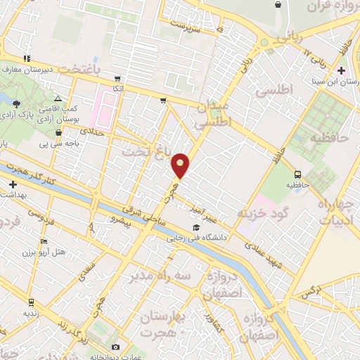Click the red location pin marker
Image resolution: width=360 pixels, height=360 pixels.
[181, 165]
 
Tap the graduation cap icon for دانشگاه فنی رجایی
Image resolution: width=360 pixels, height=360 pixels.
[195, 226]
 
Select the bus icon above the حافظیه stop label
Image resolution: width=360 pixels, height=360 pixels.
[297, 174]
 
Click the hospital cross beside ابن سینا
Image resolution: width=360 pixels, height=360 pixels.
[342, 70]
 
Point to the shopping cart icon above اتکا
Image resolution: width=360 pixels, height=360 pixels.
[117, 79]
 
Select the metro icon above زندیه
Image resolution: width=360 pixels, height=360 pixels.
[30, 301]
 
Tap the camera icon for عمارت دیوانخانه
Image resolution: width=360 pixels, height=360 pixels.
[116, 347]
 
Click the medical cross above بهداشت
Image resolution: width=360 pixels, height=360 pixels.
[13, 184]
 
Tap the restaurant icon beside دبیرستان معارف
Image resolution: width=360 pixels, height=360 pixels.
[27, 58]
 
